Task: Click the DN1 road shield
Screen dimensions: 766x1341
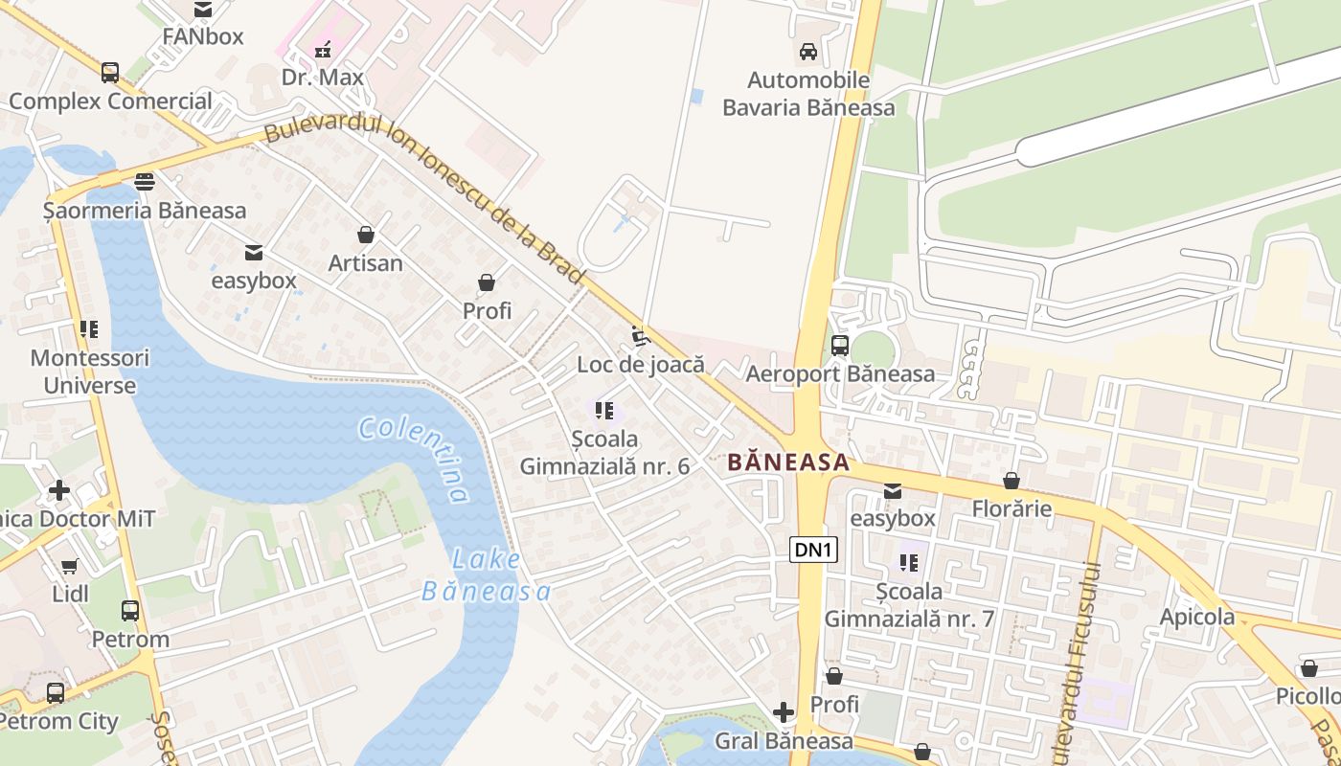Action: (814, 550)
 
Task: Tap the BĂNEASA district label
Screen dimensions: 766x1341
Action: (787, 462)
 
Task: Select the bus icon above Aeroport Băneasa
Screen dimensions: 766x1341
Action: (840, 346)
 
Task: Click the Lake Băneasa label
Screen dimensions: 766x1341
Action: (487, 575)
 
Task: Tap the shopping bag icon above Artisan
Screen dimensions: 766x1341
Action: (365, 235)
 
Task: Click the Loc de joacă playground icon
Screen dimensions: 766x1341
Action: (641, 337)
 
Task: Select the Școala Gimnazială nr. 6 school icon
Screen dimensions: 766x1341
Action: (604, 411)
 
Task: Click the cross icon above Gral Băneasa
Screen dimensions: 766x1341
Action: (784, 712)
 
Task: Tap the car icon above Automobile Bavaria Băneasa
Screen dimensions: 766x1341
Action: (808, 52)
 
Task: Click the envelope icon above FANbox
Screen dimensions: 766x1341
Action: (203, 10)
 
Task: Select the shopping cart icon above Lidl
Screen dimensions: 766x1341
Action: (70, 566)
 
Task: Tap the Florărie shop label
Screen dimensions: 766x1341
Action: (1011, 508)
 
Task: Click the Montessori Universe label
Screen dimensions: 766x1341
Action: (90, 372)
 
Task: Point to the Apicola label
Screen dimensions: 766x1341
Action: (1196, 617)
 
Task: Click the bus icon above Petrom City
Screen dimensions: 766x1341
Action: (56, 693)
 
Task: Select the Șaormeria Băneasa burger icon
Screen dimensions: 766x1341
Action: (145, 182)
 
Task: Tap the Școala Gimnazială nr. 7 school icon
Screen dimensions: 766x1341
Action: (909, 563)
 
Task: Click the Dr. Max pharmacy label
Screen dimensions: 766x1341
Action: (322, 77)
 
